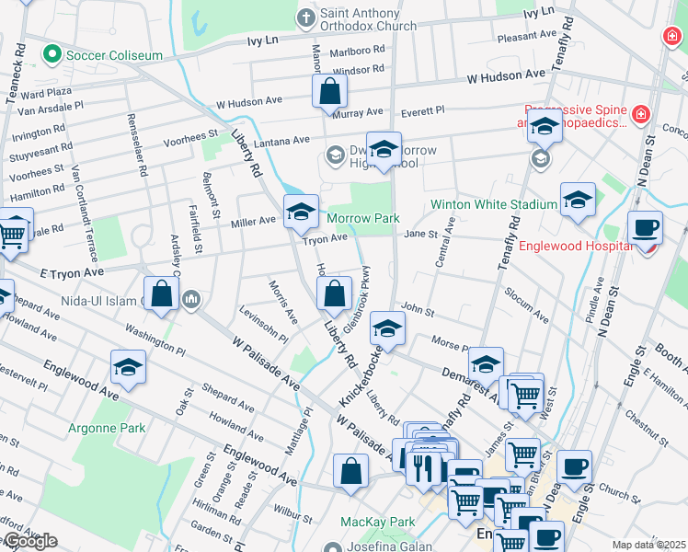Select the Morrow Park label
point(364,218)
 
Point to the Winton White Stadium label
point(495,203)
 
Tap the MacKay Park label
point(378,522)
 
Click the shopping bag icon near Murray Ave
point(329,92)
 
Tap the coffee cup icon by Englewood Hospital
point(645,227)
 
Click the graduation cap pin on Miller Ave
point(300,213)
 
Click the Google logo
point(29,541)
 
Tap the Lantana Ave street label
point(289,140)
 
